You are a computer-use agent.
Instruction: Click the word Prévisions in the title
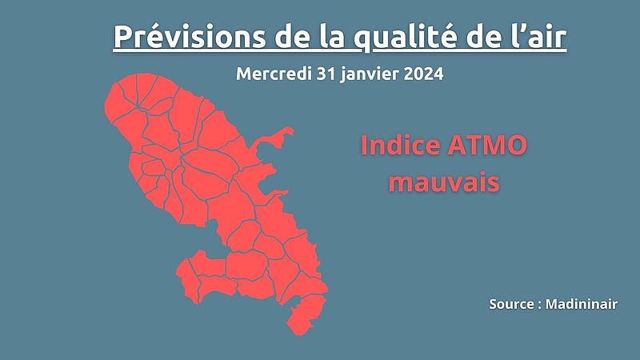click(x=190, y=36)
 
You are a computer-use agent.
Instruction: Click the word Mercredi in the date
click(x=274, y=74)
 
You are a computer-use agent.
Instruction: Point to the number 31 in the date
click(x=326, y=74)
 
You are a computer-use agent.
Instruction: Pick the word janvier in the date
click(x=369, y=74)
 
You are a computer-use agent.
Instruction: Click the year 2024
click(x=423, y=74)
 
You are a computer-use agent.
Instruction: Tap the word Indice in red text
click(x=401, y=146)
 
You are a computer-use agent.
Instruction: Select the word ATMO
click(x=487, y=146)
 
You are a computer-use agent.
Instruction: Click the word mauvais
click(x=444, y=182)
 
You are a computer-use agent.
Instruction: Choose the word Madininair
click(x=582, y=304)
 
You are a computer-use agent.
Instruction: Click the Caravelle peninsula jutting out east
click(x=273, y=139)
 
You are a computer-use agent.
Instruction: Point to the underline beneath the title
click(x=339, y=50)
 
